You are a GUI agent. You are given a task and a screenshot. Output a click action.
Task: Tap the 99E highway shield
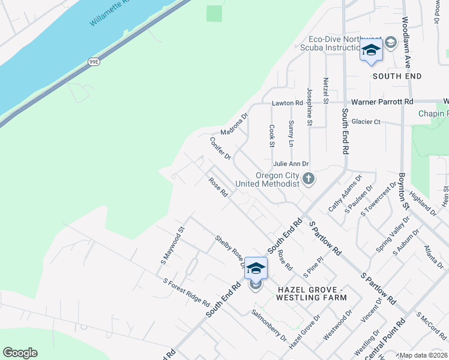point(94,62)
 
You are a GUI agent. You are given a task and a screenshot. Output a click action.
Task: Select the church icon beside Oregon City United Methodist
point(309,178)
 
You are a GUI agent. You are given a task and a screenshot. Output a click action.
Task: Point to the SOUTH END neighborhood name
point(397,76)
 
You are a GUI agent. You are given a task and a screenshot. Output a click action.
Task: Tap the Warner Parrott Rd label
point(382,102)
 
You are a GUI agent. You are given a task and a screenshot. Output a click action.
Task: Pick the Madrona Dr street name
point(234,124)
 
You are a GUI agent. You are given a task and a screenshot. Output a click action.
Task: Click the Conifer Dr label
point(220,148)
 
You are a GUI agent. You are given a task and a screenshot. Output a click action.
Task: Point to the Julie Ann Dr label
point(291,163)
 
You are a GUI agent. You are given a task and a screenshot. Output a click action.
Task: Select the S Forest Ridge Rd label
point(186,292)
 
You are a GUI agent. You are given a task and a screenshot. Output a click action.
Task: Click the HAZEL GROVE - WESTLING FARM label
point(312,293)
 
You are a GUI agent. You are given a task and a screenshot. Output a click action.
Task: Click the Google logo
point(20,353)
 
